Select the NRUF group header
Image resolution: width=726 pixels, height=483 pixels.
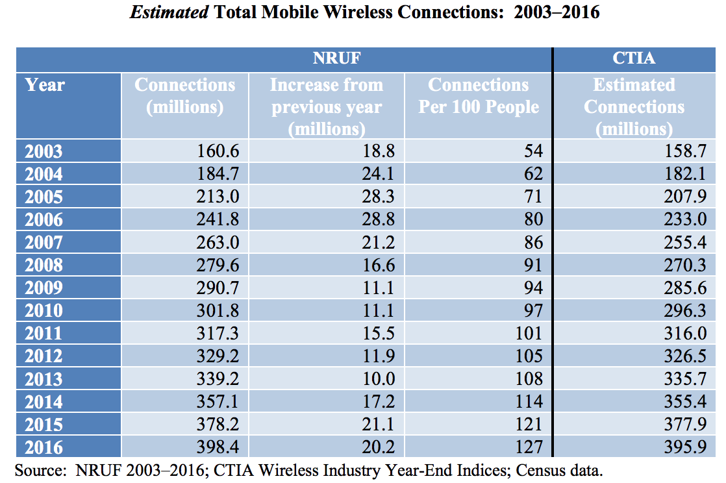click(x=336, y=58)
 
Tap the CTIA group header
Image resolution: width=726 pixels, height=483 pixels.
click(x=634, y=58)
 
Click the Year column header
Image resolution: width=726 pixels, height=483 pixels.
click(x=45, y=85)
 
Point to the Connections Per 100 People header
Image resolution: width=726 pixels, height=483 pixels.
click(x=479, y=96)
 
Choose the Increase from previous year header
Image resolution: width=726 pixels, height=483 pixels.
click(x=327, y=106)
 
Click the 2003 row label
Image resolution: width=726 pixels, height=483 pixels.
click(x=44, y=152)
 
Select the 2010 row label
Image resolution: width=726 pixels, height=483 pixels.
click(x=44, y=311)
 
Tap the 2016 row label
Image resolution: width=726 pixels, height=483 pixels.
click(x=44, y=447)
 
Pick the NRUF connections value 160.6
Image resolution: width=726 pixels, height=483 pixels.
click(x=218, y=152)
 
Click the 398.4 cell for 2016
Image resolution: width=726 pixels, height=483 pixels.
click(x=218, y=447)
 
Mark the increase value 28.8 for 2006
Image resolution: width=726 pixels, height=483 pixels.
click(x=379, y=220)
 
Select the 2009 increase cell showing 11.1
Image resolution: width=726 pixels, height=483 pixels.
click(x=379, y=288)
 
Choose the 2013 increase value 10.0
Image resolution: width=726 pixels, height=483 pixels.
click(x=379, y=379)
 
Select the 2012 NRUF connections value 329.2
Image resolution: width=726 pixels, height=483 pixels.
click(x=218, y=356)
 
